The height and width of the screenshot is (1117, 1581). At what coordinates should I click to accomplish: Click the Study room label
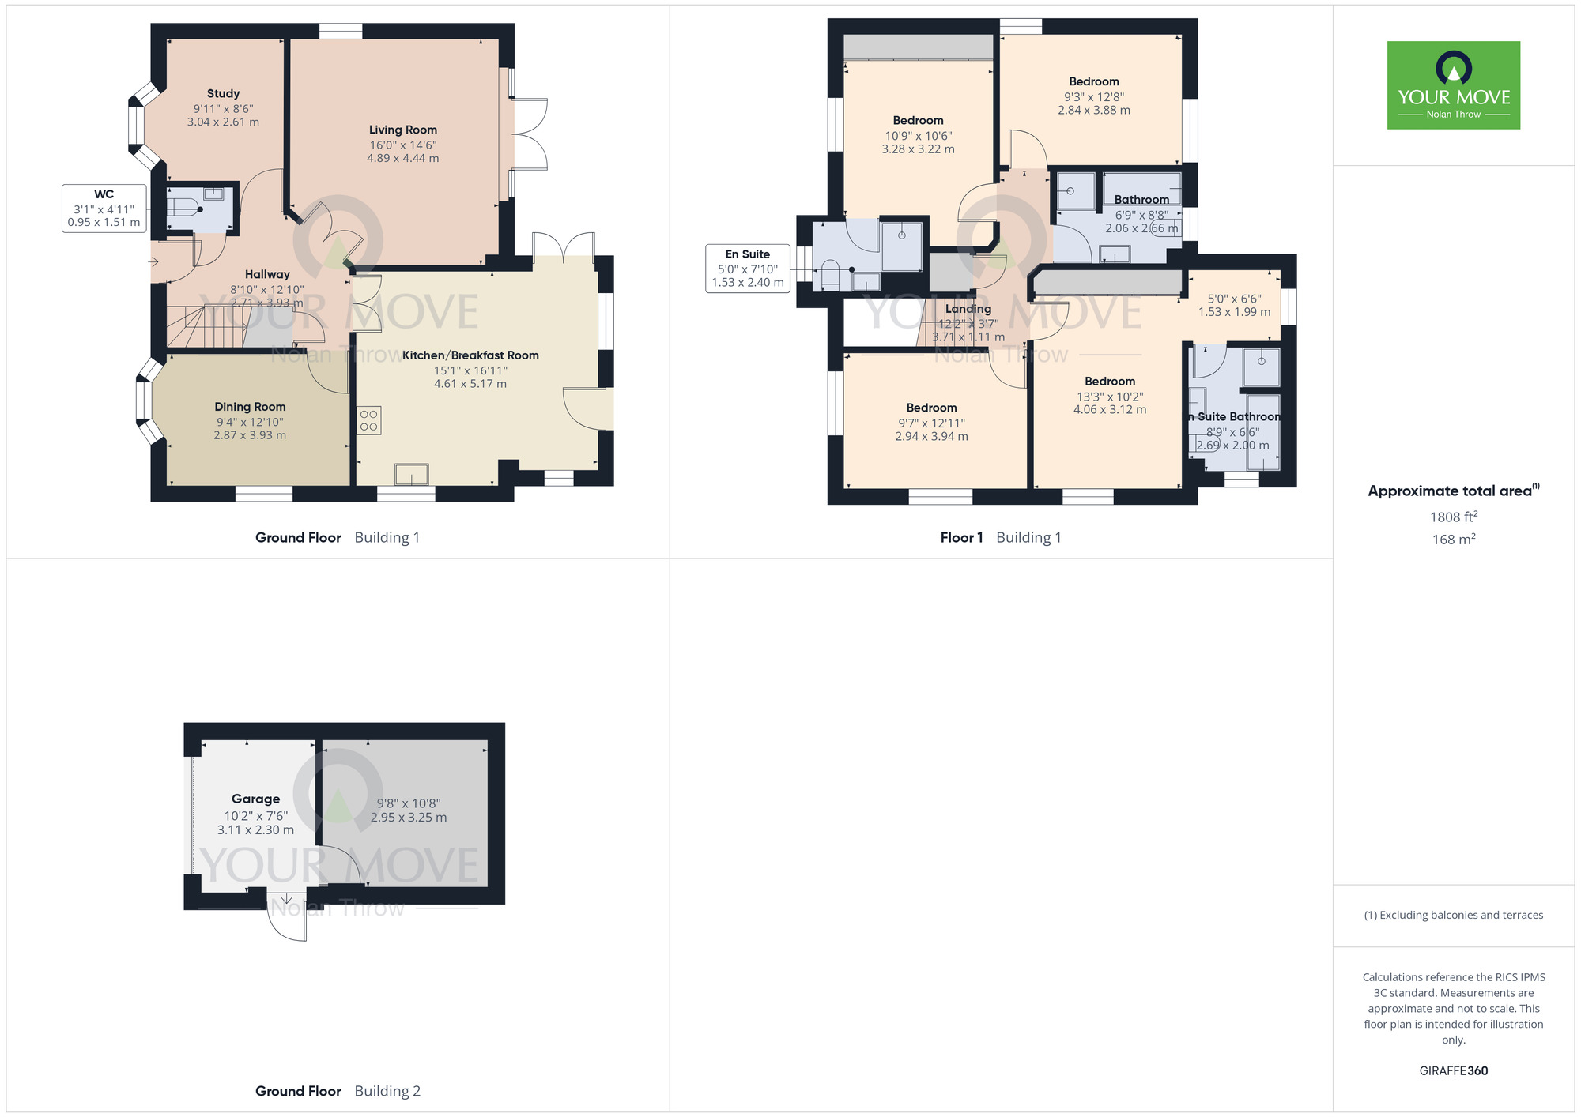tap(223, 93)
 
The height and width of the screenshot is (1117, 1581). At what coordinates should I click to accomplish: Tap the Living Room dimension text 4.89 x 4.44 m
tap(402, 158)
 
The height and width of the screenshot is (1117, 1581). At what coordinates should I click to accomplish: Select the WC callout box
tap(104, 208)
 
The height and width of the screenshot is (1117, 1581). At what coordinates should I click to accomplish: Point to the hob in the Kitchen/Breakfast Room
tap(368, 420)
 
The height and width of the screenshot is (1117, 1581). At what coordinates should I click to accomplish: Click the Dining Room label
tap(250, 407)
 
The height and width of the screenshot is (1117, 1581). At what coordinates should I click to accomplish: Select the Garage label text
tap(255, 799)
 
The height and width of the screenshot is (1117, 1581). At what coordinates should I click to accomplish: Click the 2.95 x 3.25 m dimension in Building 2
tap(409, 818)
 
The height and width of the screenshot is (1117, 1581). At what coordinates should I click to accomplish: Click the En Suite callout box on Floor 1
tap(747, 269)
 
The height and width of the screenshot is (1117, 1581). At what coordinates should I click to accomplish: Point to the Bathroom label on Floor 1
tap(1141, 200)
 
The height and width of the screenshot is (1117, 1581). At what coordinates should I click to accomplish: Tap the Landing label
tap(968, 309)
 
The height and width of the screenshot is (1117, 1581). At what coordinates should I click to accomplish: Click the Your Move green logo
tap(1453, 85)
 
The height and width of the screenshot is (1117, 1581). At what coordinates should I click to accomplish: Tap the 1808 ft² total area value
tap(1453, 517)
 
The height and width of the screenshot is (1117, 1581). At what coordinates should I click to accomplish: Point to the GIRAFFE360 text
tap(1453, 1071)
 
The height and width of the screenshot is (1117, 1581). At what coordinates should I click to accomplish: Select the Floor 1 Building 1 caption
tap(1000, 537)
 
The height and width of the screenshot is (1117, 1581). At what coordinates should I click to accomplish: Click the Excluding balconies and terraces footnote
tap(1453, 915)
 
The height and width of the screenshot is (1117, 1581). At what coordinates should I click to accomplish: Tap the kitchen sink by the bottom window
tap(411, 474)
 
